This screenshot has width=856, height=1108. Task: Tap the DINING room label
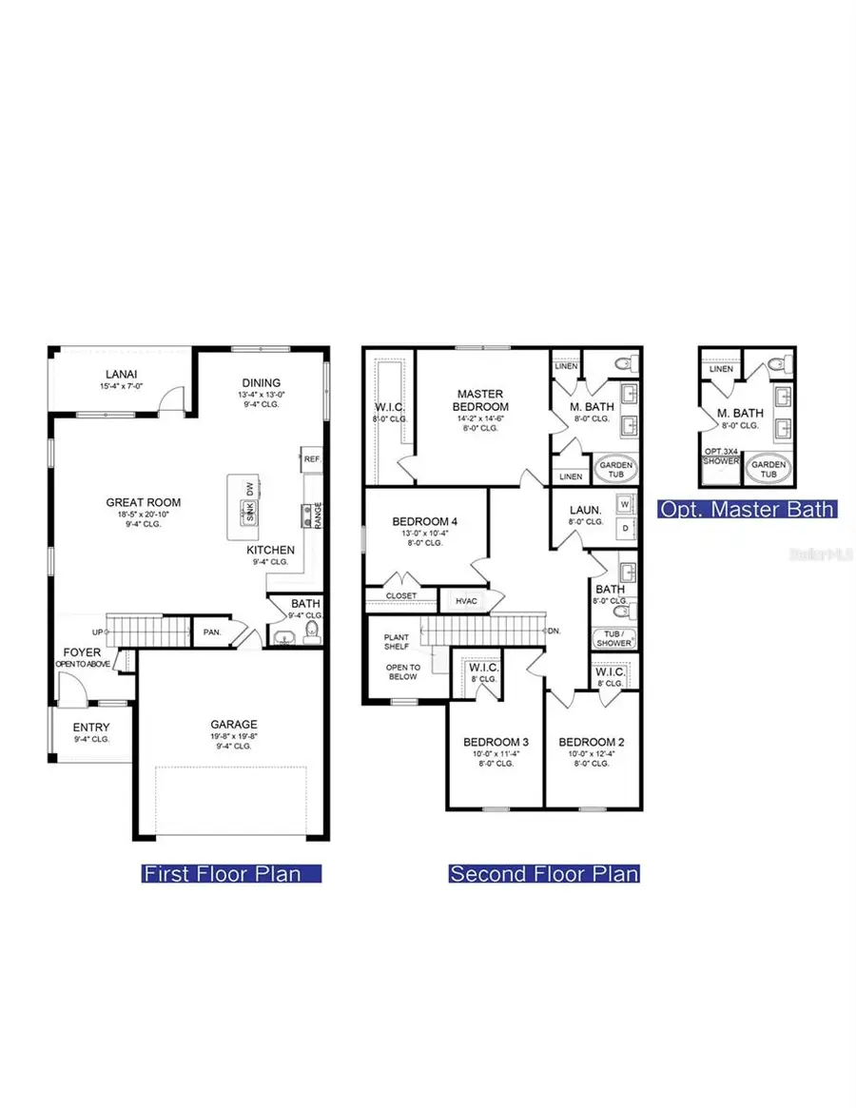tap(260, 382)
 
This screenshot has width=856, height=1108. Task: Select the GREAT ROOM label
tap(143, 503)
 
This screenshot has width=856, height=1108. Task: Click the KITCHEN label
tap(270, 550)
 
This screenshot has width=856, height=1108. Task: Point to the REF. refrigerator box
tap(311, 458)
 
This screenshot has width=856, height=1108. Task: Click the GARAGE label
tap(234, 724)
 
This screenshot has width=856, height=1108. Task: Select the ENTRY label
tap(91, 728)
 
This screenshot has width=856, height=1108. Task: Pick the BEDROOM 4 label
tap(425, 521)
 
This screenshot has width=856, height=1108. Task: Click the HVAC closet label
tap(466, 600)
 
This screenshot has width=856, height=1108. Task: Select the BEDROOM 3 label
tap(496, 742)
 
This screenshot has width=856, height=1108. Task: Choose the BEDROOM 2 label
tap(591, 742)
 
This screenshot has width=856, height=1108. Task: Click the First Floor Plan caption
tap(232, 873)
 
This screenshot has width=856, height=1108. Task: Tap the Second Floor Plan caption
tap(544, 873)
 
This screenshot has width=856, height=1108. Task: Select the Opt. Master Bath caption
tap(748, 509)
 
